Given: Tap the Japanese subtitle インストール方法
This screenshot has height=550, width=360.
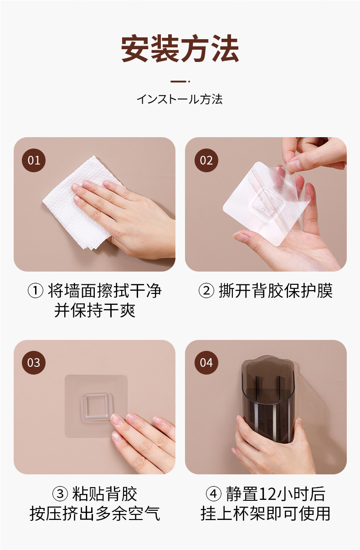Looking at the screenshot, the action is tap(180, 99).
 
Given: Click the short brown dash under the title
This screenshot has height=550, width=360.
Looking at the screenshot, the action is tap(179, 81).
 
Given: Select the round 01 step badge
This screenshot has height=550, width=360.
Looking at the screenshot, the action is tap(34, 160).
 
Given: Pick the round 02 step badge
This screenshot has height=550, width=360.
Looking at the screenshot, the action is tap(206, 160).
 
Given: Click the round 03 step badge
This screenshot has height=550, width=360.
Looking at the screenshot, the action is tap(34, 363).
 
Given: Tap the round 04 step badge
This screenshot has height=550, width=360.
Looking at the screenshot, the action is tap(206, 363).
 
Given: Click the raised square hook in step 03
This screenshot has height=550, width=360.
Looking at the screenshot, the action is tap(96, 406).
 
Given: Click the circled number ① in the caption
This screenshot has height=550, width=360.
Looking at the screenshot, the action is tap(36, 291).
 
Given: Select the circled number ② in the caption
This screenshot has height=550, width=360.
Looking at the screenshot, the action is tap(206, 291).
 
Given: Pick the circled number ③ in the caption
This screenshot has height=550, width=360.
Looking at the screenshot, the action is tap(60, 494).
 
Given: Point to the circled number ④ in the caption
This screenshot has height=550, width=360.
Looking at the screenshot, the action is tap(213, 494).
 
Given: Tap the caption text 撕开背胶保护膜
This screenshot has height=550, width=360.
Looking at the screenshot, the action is tap(276, 291).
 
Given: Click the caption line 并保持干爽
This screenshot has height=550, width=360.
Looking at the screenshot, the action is tap(95, 310).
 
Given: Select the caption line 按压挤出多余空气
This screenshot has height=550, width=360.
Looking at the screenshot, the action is tap(95, 513).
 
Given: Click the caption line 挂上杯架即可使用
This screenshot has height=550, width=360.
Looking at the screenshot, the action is tap(265, 513).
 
